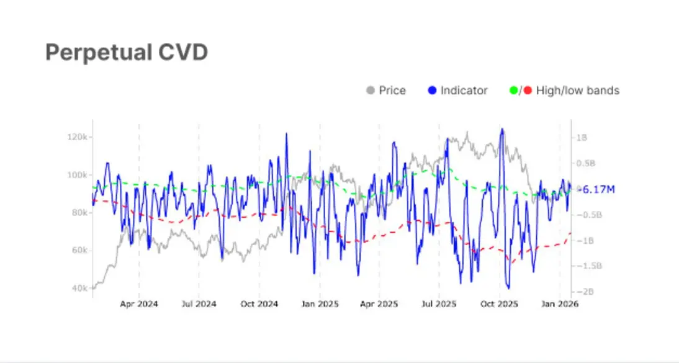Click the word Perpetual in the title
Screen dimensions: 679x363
(x=97, y=53)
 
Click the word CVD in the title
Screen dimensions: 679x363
(x=182, y=52)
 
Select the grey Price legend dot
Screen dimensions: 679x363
(x=371, y=91)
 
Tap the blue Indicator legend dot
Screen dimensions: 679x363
(x=432, y=91)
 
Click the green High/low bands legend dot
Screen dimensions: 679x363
(x=513, y=91)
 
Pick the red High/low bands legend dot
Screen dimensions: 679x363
(x=528, y=91)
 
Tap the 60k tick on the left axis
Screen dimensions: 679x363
(x=79, y=250)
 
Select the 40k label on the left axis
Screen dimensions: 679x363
(x=79, y=288)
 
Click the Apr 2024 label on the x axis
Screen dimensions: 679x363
(x=139, y=304)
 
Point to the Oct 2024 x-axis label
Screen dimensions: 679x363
(x=259, y=304)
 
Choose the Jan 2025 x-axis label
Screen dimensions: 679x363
(x=320, y=304)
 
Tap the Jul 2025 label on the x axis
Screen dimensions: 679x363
(x=439, y=304)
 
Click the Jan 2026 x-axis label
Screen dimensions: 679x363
(x=560, y=304)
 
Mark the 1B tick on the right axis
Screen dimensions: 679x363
(x=582, y=138)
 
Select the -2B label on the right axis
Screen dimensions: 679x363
(x=585, y=292)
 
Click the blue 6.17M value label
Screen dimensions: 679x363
(x=598, y=189)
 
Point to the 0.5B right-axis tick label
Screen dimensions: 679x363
(x=586, y=163)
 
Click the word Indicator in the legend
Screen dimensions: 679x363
(x=464, y=91)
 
